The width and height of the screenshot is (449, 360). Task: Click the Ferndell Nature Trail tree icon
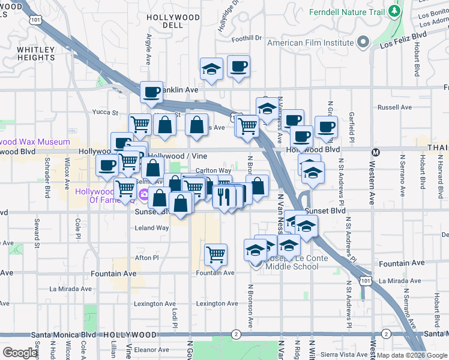click(x=394, y=11)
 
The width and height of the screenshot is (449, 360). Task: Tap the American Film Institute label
click(x=310, y=43)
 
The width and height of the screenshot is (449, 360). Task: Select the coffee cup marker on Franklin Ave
click(x=151, y=92)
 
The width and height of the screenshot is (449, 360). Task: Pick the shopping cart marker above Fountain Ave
click(x=215, y=254)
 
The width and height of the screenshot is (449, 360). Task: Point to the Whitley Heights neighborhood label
click(x=36, y=53)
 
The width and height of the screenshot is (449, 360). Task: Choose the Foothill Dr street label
click(x=247, y=38)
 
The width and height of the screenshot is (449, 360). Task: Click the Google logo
click(x=20, y=353)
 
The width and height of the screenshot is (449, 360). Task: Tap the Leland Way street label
click(x=152, y=228)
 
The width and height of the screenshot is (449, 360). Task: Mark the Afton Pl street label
click(x=146, y=257)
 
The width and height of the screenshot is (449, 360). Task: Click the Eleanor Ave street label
click(x=152, y=349)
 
